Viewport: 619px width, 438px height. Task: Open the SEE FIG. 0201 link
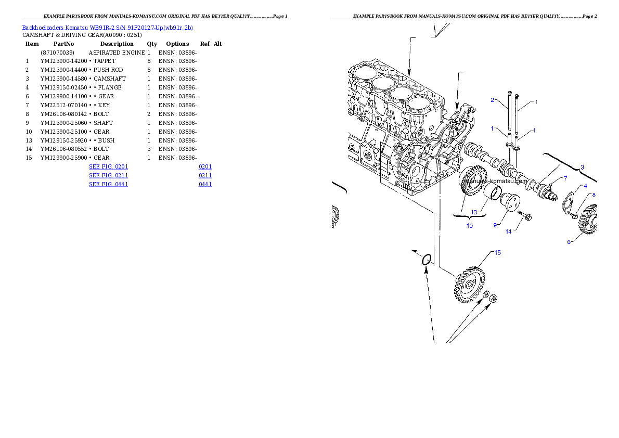(x=108, y=167)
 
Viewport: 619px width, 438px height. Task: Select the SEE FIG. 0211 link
(x=108, y=176)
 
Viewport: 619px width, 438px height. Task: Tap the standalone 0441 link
(x=205, y=184)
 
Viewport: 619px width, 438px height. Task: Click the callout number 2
(x=492, y=99)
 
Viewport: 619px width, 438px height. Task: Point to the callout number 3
(x=582, y=167)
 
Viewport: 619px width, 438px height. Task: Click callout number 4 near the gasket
(x=585, y=186)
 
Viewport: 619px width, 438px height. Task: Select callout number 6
(x=569, y=242)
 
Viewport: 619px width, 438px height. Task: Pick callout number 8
(x=594, y=195)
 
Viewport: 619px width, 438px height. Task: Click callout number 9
(x=496, y=225)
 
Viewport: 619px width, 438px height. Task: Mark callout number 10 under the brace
(x=469, y=226)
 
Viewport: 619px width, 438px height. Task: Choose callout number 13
(x=474, y=212)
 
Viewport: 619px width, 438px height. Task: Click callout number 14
(x=509, y=231)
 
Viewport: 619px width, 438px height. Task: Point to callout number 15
(x=497, y=253)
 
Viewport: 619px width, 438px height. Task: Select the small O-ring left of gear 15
(x=426, y=260)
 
